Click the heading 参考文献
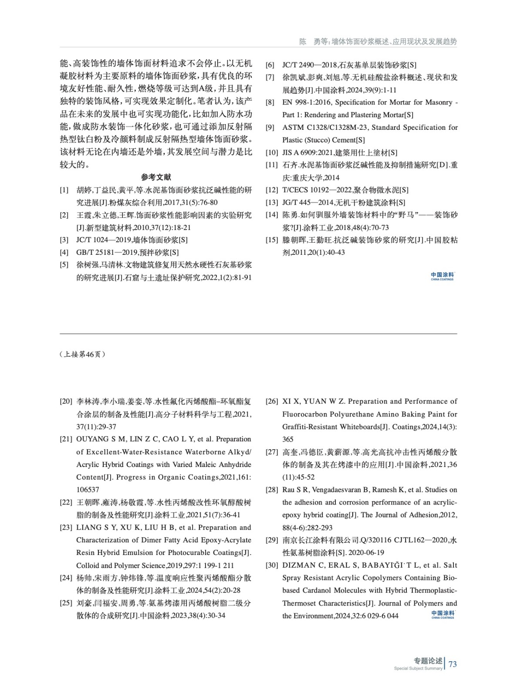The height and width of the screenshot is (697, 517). coord(156,177)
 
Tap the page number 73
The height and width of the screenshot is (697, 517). coord(453,664)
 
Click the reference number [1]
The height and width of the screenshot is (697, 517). coord(64,190)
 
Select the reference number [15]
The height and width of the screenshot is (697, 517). coord(272,240)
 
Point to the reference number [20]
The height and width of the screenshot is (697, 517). coord(66,401)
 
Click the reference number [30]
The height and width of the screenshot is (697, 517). coord(272,565)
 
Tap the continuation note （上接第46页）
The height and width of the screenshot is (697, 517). coord(82,354)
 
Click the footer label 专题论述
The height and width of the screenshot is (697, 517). coord(428,661)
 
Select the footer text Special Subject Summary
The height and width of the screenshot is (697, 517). coord(418,668)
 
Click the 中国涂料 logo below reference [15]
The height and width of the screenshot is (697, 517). coord(442,276)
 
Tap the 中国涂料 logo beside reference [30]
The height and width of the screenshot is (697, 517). coord(443,614)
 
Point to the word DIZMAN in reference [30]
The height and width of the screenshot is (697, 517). coord(297,565)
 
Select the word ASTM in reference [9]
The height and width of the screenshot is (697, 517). coord(291,128)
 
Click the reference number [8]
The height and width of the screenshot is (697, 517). coord(270,102)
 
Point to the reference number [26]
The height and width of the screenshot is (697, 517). coord(272,401)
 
